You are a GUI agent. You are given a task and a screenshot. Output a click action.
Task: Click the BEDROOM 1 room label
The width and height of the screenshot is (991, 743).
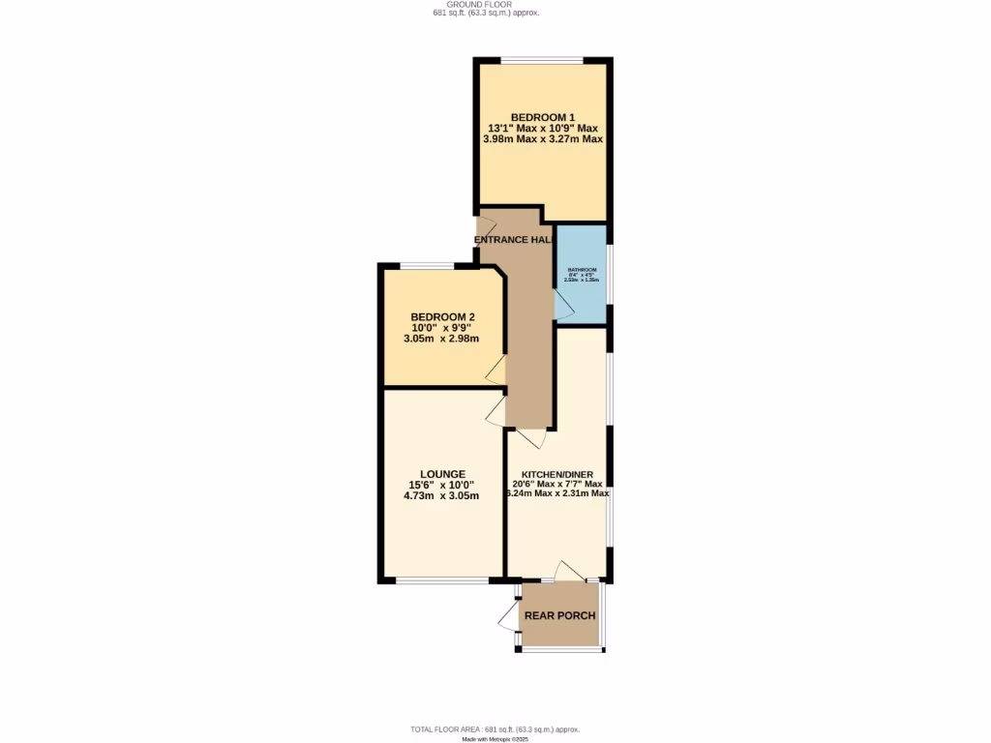542,118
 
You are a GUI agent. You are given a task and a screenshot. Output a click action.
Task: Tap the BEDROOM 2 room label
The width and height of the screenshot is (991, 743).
442,317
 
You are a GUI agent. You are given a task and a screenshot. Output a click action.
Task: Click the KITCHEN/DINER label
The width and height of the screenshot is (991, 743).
556,474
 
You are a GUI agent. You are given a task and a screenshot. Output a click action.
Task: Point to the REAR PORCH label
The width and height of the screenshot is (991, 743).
559,615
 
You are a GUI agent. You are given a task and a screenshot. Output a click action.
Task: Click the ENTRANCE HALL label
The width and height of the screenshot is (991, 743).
514,240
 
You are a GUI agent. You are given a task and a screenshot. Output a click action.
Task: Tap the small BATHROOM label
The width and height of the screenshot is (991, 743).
582,269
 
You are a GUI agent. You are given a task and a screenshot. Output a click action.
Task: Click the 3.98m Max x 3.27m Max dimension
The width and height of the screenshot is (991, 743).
542,139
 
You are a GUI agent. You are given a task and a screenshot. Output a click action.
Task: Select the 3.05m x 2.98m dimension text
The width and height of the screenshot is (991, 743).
442,339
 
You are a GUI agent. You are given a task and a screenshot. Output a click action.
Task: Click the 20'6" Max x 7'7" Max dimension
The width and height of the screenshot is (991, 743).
556,484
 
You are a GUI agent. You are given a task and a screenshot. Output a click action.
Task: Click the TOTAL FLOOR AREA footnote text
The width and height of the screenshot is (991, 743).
495,728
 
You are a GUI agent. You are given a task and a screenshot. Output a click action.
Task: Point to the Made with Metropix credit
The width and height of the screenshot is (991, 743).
495,739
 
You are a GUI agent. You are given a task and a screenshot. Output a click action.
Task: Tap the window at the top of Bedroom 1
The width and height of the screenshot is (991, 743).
542,61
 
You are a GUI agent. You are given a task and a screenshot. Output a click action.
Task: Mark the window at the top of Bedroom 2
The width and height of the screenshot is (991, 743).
428,266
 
